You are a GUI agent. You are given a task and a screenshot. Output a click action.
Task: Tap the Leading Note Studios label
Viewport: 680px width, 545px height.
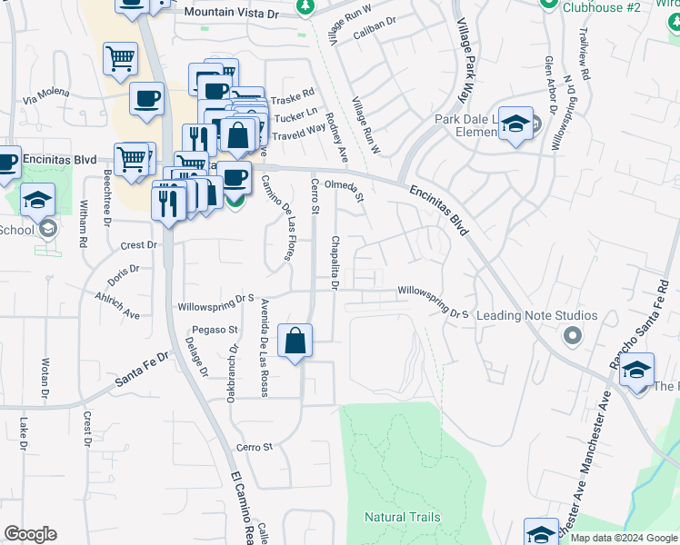[536, 316]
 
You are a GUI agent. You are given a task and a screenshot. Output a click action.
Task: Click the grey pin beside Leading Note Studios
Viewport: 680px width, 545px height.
[572, 337]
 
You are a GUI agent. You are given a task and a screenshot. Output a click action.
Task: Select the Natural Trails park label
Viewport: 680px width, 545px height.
[402, 518]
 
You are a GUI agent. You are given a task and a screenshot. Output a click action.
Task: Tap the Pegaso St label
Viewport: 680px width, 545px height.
[214, 330]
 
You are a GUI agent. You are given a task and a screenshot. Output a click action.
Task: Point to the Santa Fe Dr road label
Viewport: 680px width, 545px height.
[143, 371]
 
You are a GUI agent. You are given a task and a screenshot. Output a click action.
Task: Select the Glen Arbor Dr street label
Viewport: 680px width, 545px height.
[550, 84]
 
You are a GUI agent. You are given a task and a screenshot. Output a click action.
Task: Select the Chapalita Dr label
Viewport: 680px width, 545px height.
[335, 263]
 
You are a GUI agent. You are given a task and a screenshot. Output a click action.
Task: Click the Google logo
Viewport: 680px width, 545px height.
[30, 534]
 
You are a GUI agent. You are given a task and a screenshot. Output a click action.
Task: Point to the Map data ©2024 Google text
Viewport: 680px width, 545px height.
[623, 538]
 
